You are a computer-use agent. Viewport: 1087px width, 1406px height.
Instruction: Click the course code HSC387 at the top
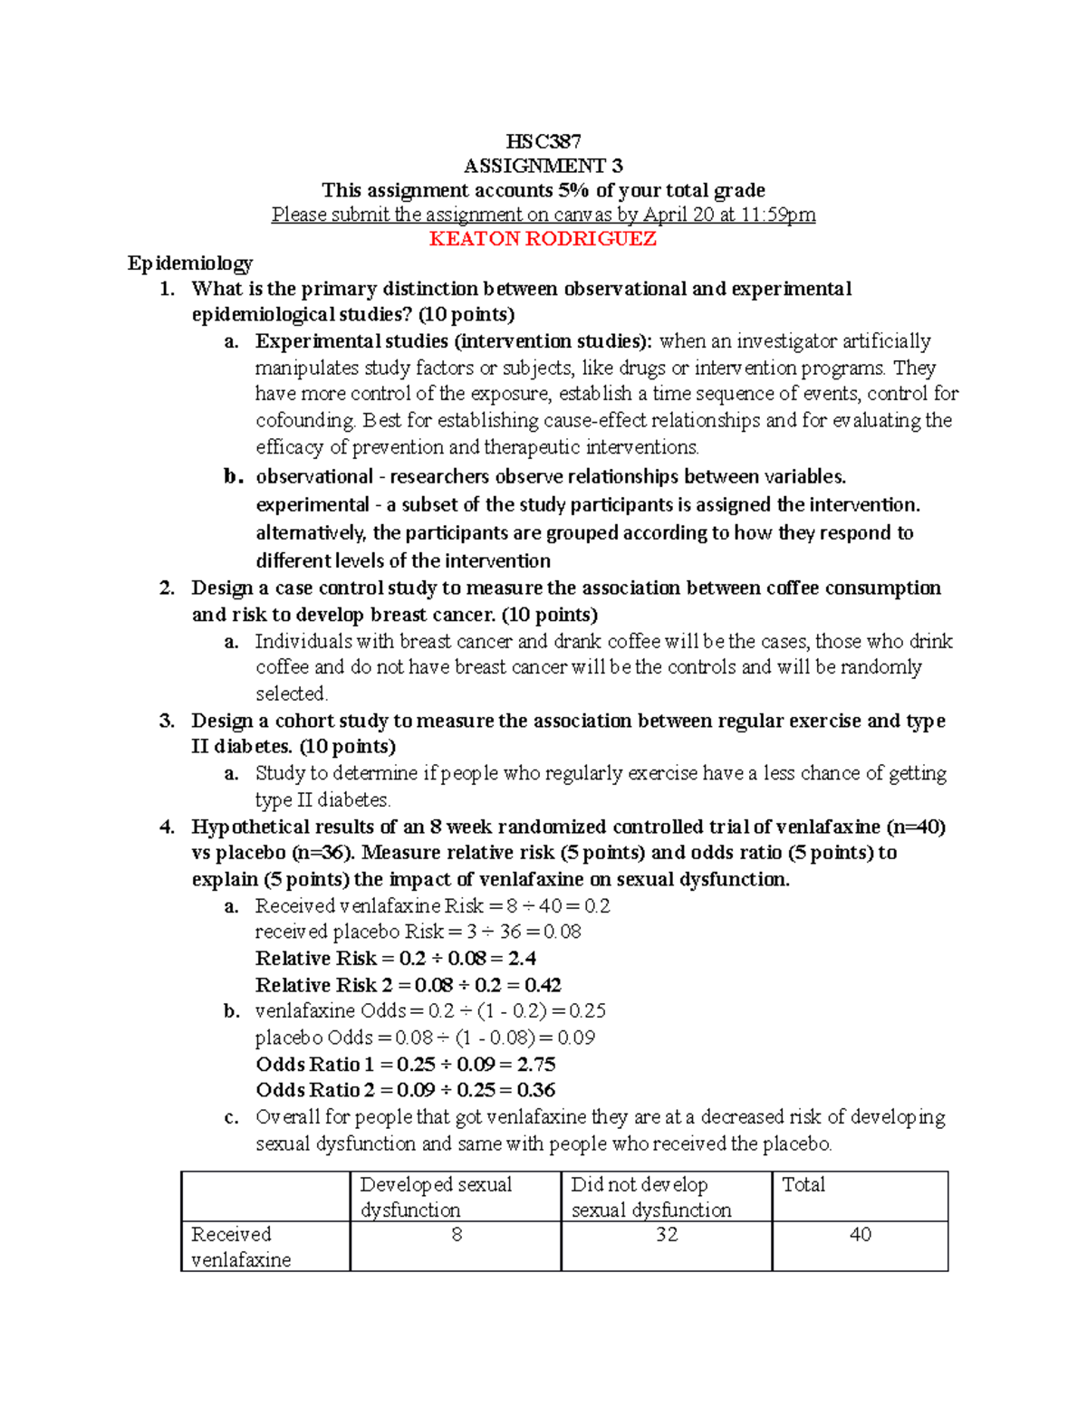pyautogui.click(x=543, y=141)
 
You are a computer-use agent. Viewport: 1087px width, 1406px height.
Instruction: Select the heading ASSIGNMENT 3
pyautogui.click(x=543, y=166)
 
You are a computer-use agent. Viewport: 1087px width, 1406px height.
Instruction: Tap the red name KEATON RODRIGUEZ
pyautogui.click(x=543, y=239)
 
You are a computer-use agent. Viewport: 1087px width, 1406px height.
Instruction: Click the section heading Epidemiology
pyautogui.click(x=190, y=263)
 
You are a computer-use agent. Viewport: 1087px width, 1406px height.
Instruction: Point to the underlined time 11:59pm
pyautogui.click(x=779, y=215)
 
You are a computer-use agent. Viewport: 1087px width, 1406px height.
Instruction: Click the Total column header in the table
pyautogui.click(x=803, y=1185)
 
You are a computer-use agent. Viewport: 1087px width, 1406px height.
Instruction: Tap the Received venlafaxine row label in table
pyautogui.click(x=241, y=1247)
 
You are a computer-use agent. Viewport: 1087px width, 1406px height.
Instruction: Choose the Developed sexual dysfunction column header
pyautogui.click(x=436, y=1197)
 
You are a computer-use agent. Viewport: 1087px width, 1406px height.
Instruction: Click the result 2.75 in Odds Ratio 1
pyautogui.click(x=536, y=1065)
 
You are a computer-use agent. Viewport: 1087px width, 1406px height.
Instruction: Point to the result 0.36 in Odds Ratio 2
pyautogui.click(x=536, y=1091)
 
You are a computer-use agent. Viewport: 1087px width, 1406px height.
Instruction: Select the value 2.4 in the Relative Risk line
pyautogui.click(x=523, y=959)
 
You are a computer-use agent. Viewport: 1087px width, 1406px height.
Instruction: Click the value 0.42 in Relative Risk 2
pyautogui.click(x=543, y=985)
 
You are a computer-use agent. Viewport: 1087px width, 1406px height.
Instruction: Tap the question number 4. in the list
pyautogui.click(x=167, y=827)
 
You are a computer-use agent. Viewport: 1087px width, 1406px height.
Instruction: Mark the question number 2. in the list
pyautogui.click(x=167, y=588)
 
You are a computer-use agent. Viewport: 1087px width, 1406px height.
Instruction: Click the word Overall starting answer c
pyautogui.click(x=289, y=1118)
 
